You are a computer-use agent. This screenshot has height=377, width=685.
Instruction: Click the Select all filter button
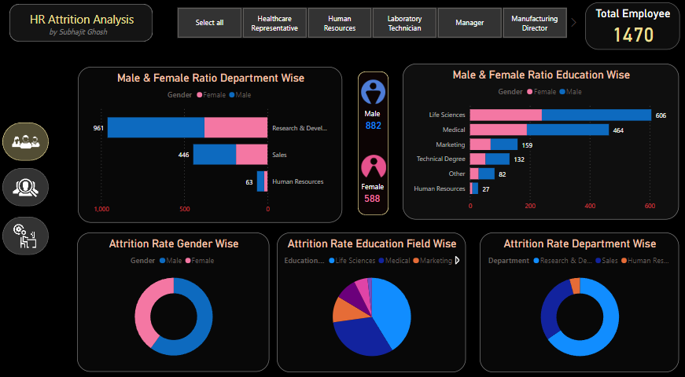click(x=209, y=23)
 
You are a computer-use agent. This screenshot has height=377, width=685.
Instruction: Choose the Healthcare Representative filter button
click(x=274, y=23)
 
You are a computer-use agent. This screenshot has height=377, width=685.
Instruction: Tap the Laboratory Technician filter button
click(x=404, y=23)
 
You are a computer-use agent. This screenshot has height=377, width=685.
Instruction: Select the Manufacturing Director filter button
click(x=534, y=23)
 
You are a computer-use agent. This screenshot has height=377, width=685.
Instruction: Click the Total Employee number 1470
click(x=632, y=35)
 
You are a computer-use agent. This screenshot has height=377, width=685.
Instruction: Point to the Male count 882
click(x=373, y=126)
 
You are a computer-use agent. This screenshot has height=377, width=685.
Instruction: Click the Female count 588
click(x=372, y=199)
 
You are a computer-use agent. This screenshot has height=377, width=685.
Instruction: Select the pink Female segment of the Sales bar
click(x=252, y=155)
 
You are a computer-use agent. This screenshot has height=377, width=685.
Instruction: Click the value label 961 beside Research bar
click(x=98, y=127)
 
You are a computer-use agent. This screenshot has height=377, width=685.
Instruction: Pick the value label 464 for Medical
click(x=618, y=130)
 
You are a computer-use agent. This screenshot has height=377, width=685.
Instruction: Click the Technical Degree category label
click(x=440, y=159)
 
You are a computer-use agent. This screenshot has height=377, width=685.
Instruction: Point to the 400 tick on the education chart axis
click(x=590, y=206)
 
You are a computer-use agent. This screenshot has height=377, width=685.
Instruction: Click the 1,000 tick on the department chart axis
click(x=101, y=210)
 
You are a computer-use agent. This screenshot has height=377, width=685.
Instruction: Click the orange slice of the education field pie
click(x=343, y=309)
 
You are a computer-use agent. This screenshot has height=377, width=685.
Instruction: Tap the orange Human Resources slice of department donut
click(x=575, y=286)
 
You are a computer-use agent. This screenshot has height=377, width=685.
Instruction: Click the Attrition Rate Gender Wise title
click(x=174, y=243)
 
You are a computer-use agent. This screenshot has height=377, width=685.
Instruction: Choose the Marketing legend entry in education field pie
click(x=434, y=260)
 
